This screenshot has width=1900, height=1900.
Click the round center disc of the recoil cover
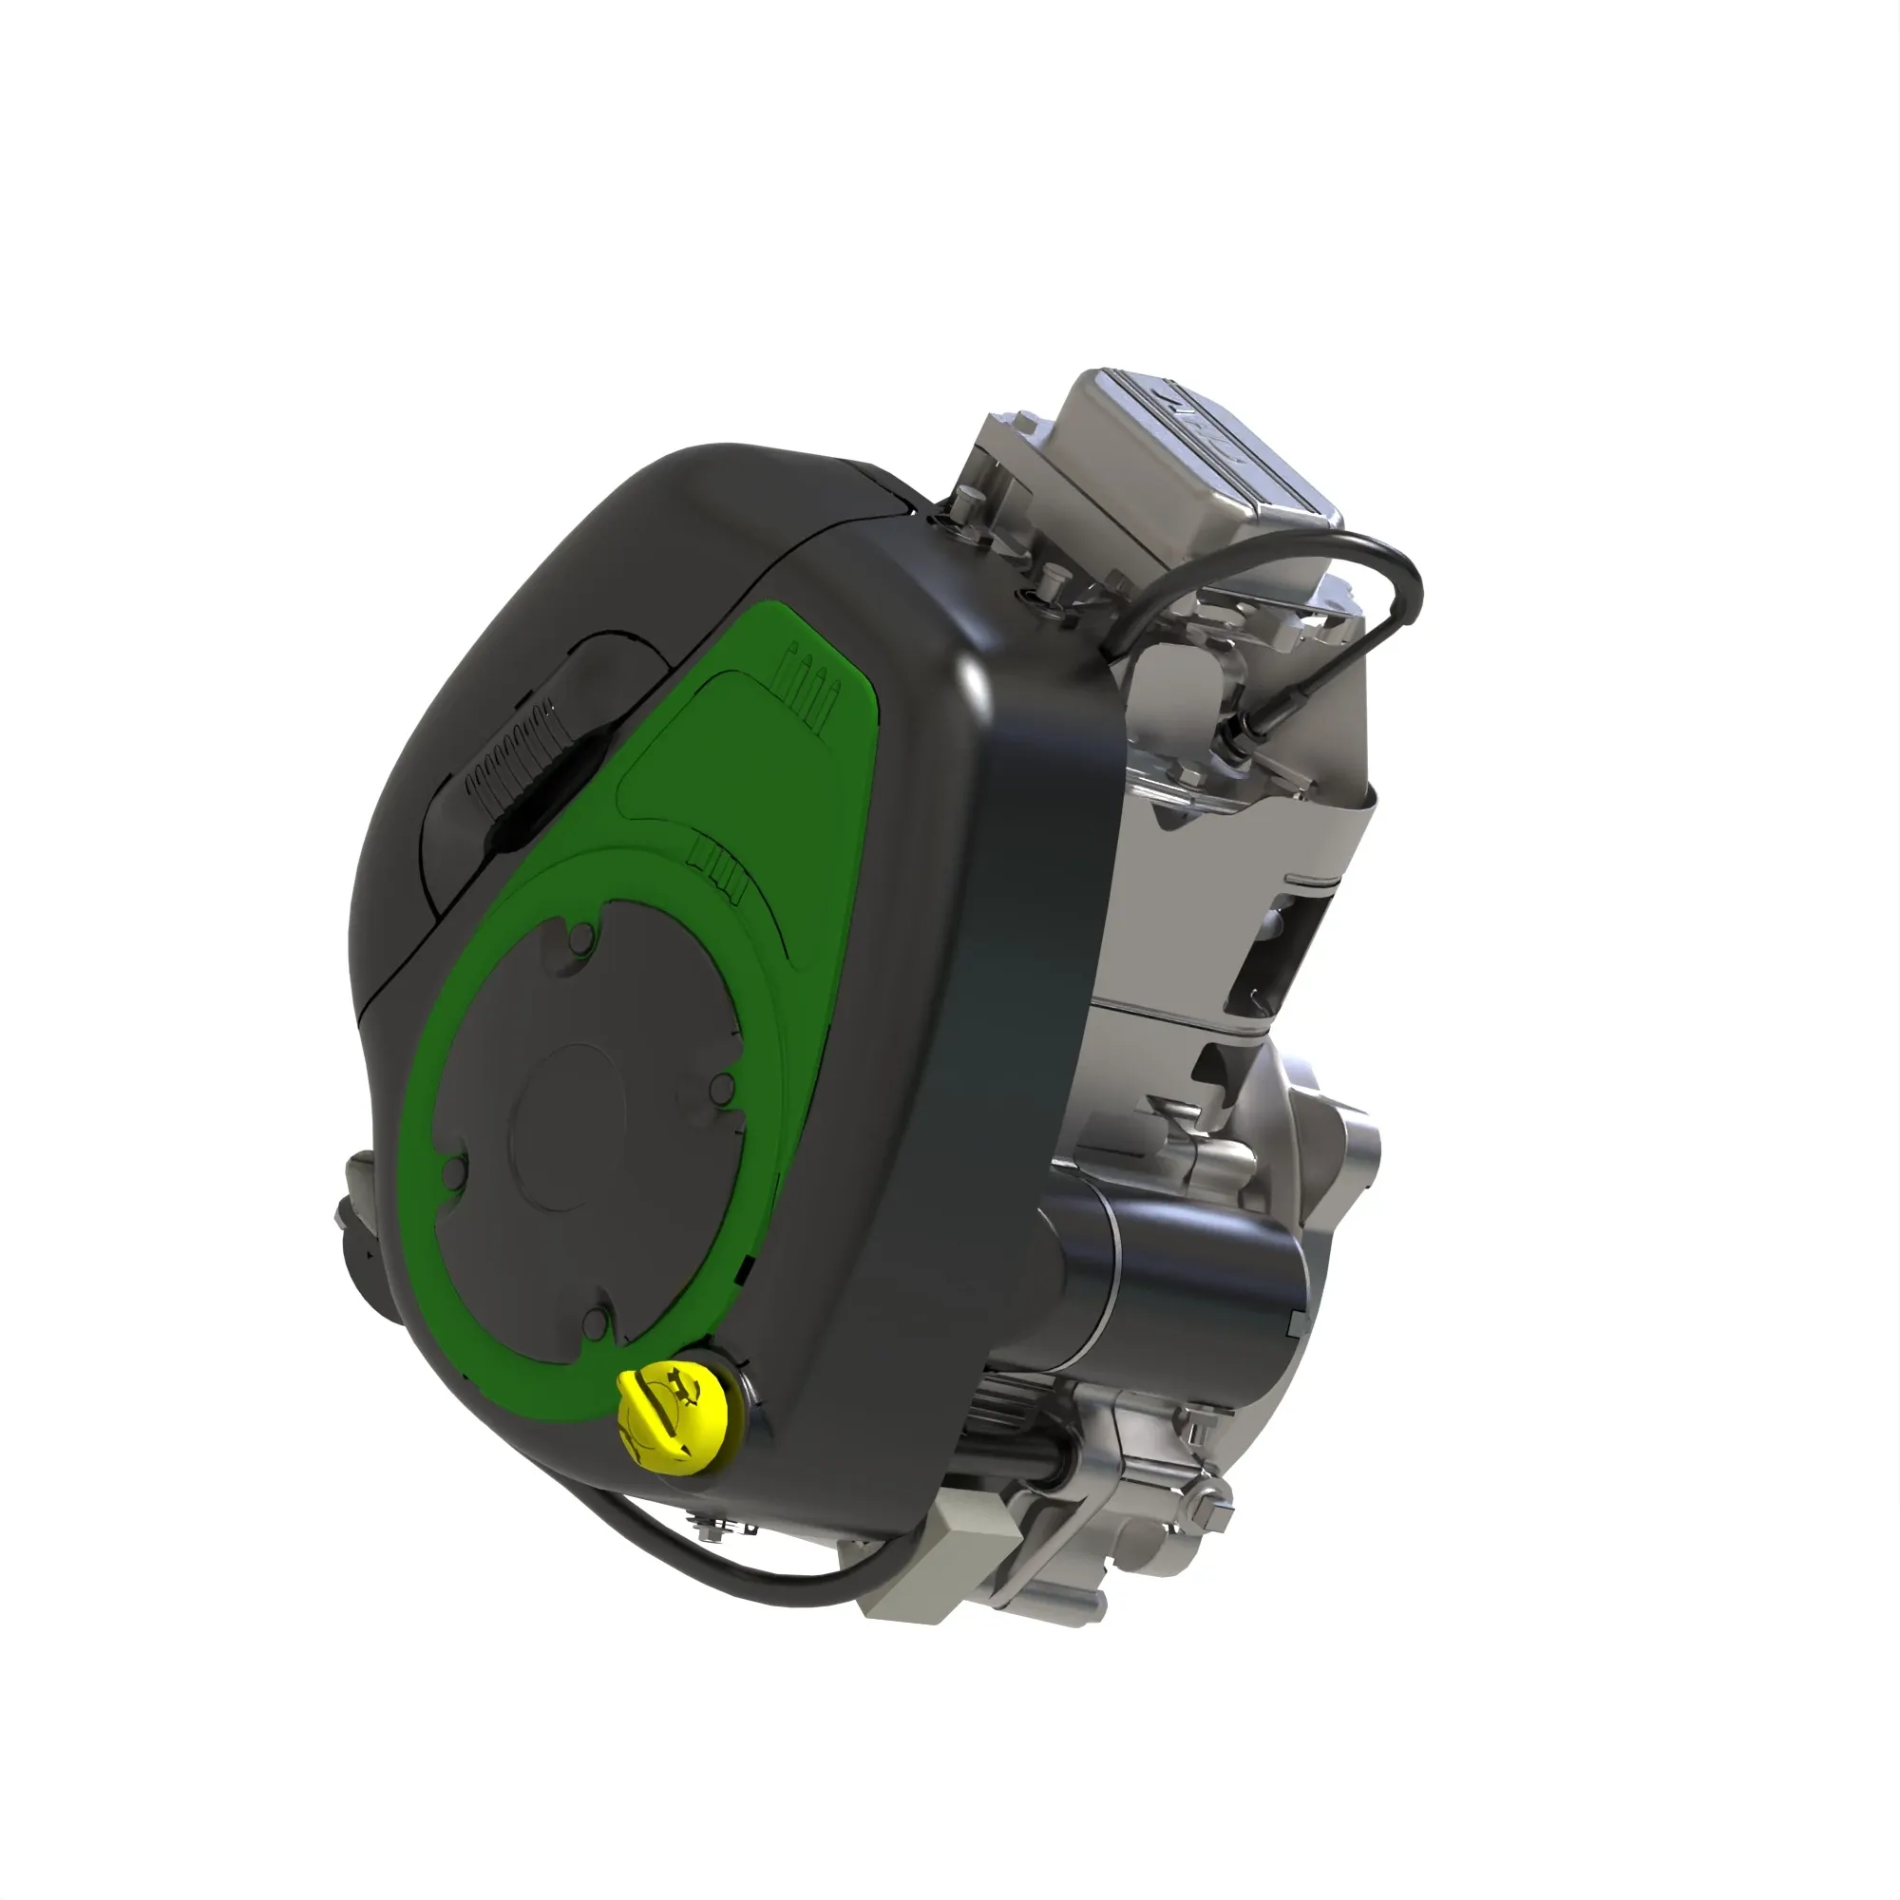tap(570, 1127)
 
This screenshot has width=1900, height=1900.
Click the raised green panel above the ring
tap(737, 767)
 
